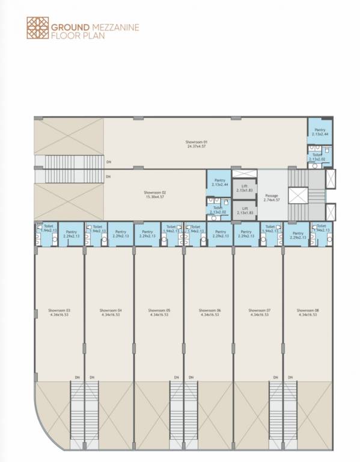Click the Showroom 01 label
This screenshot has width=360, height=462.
pyautogui.click(x=196, y=142)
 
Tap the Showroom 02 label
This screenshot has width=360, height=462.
pyautogui.click(x=154, y=192)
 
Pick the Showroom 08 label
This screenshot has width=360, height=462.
pyautogui.click(x=308, y=310)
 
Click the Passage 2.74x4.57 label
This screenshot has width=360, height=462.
pyautogui.click(x=271, y=197)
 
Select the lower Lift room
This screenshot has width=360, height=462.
pyautogui.click(x=244, y=209)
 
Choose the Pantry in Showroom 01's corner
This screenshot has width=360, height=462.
pyautogui.click(x=320, y=131)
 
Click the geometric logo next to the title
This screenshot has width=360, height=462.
pyautogui.click(x=37, y=28)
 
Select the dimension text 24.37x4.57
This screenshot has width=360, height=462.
pyautogui.click(x=196, y=146)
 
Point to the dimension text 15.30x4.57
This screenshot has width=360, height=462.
pyautogui.click(x=154, y=197)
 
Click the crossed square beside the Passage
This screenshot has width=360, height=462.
pyautogui.click(x=297, y=196)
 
